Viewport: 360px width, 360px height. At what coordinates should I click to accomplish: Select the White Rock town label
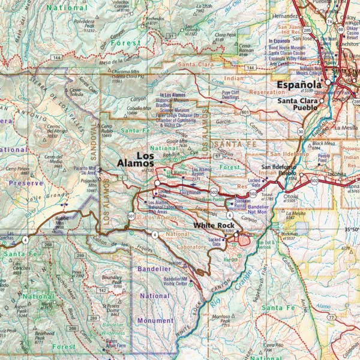214,226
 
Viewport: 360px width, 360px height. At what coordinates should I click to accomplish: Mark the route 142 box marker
103,290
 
